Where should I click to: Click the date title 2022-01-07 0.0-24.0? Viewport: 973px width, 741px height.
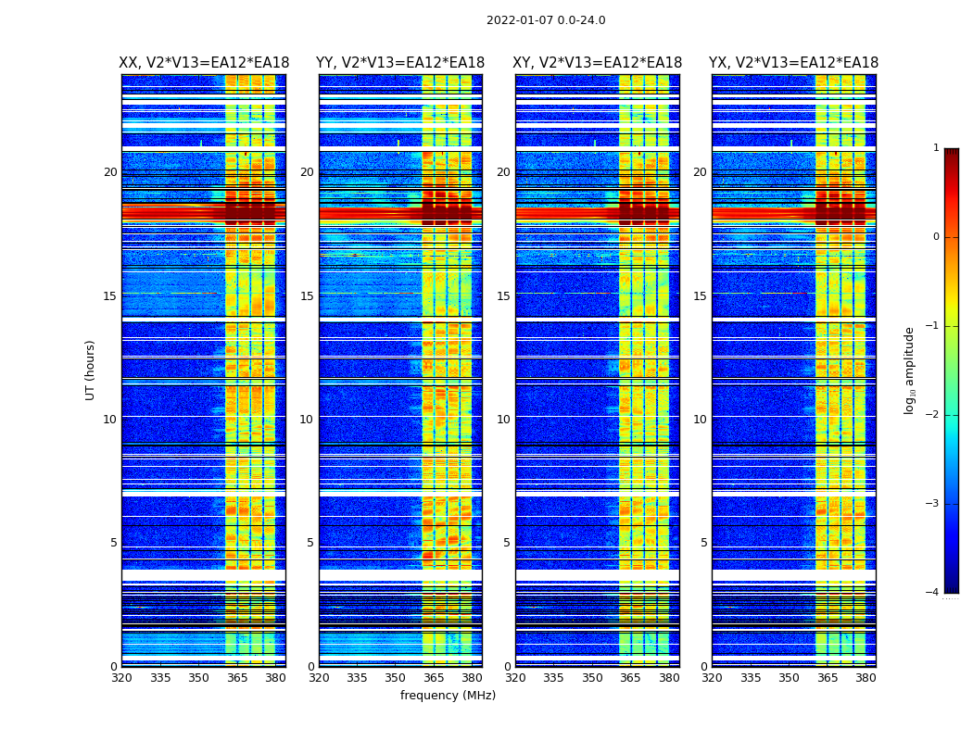[x=546, y=20]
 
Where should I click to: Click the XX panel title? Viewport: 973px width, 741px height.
[x=204, y=63]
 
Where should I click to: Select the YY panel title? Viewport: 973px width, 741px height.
[x=400, y=63]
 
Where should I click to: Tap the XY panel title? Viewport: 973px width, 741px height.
[x=598, y=63]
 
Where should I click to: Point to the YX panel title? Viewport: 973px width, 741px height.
[x=794, y=63]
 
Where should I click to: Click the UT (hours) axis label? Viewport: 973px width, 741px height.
[x=90, y=370]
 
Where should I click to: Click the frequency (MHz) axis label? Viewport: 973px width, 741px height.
[x=448, y=696]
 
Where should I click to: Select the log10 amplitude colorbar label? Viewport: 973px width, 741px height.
[x=909, y=370]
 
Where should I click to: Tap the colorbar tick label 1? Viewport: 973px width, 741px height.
[x=936, y=148]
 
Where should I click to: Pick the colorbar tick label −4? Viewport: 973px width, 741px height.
[x=933, y=593]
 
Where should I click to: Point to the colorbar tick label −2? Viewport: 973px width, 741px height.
[x=933, y=415]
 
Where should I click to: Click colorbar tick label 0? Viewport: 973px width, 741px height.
[x=936, y=237]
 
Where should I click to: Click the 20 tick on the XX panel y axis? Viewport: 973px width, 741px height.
[x=110, y=172]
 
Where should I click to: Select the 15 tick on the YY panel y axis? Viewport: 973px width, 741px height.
[x=307, y=296]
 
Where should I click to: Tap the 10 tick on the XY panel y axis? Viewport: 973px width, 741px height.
[x=503, y=420]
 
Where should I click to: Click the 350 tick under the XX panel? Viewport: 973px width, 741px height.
[x=198, y=678]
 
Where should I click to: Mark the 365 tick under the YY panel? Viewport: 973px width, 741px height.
[x=434, y=678]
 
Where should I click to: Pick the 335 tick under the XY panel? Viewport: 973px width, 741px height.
[x=553, y=678]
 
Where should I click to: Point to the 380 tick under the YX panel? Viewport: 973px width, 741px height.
[x=866, y=678]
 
